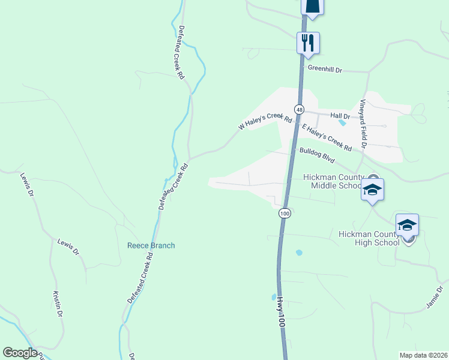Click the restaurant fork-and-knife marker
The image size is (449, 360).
[x=308, y=43]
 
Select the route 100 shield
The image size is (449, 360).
[x=285, y=213]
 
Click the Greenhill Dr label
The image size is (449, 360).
[x=324, y=70]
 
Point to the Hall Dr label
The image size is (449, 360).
[x=340, y=115]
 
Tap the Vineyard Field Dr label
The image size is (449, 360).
[x=363, y=125]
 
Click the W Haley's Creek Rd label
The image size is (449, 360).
[x=265, y=122]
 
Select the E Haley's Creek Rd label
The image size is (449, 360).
[x=327, y=137]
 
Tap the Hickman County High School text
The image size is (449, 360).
[x=369, y=238]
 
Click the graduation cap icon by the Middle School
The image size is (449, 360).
[x=372, y=190]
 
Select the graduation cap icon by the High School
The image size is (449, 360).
[x=407, y=225]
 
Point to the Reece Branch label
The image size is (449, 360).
[x=151, y=245]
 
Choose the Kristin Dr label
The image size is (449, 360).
[x=58, y=305]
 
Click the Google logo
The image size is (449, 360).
[x=20, y=352]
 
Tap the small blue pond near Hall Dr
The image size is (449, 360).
[x=342, y=123]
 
